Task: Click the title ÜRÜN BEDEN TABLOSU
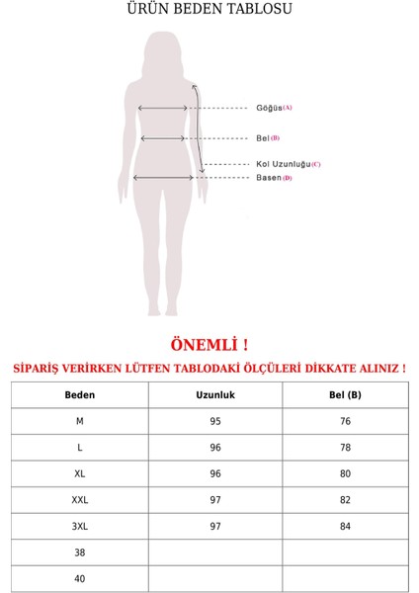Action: tap(209, 10)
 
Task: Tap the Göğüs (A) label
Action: tap(274, 108)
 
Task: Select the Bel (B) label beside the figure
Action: tap(268, 138)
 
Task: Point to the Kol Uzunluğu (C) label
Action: tap(288, 164)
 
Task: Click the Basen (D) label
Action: tap(274, 178)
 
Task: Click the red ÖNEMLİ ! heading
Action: tap(209, 345)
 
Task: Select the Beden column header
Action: tap(80, 395)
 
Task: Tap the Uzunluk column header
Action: tap(215, 395)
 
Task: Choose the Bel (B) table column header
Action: tap(345, 395)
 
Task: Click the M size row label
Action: tap(80, 421)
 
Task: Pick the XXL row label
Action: tap(80, 500)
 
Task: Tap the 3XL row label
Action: tap(80, 526)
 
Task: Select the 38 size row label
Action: tap(80, 552)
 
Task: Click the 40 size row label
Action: tap(80, 578)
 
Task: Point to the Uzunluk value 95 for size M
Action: tap(215, 421)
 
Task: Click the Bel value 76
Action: tap(345, 421)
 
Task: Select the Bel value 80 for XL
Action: tap(345, 473)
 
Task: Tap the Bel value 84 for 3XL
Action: tap(345, 526)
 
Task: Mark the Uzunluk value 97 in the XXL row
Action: tap(215, 500)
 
